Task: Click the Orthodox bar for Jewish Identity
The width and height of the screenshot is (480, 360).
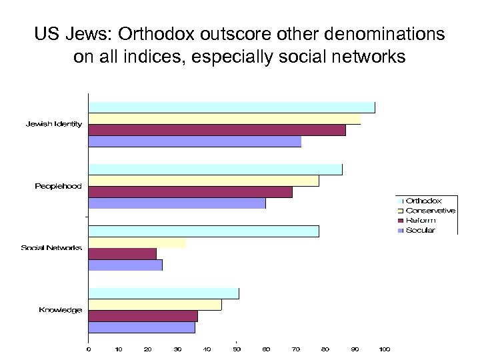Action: click(231, 107)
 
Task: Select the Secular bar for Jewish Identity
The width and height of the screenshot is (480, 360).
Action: click(195, 141)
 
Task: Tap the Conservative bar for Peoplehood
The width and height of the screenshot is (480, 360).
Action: click(203, 181)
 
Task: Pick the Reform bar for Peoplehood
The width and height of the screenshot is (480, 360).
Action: click(190, 192)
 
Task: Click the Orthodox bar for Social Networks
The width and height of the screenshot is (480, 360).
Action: click(203, 231)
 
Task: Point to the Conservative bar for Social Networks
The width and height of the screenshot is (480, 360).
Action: click(137, 243)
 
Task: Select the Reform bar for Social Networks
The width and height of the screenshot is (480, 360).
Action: click(122, 254)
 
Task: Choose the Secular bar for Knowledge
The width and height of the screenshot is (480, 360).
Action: click(141, 327)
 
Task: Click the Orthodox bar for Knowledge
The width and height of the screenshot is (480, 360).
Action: click(163, 293)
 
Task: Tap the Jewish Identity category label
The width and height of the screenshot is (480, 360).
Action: click(54, 124)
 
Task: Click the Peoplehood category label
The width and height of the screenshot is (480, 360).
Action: click(59, 186)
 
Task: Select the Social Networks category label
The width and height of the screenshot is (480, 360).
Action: click(51, 248)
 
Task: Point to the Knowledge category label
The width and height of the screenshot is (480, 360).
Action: click(61, 310)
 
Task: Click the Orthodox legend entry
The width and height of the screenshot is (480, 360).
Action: click(423, 201)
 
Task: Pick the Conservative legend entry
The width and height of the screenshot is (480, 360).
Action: click(430, 211)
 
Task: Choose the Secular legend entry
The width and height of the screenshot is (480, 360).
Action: click(420, 231)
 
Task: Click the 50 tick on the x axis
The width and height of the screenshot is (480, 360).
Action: click(237, 349)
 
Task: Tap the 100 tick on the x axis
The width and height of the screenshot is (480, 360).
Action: click(385, 349)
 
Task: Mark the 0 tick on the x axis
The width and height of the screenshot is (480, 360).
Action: click(89, 349)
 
